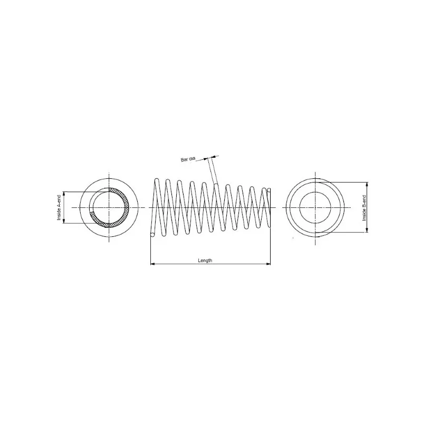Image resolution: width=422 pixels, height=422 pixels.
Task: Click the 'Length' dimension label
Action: point(205,261)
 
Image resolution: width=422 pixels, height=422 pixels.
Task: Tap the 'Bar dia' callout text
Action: point(188,159)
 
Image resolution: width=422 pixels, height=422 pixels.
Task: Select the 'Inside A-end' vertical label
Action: point(59,208)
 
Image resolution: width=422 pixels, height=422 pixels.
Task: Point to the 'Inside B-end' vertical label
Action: point(364,208)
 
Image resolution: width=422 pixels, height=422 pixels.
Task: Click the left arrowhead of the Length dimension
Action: point(152,264)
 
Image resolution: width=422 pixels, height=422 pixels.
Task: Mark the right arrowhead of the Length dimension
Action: point(268,264)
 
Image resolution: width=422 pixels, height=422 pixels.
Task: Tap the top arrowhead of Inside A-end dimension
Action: point(64,194)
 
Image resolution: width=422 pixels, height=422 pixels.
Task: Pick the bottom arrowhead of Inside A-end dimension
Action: point(64,221)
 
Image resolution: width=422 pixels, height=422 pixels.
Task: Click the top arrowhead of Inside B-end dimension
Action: point(367,184)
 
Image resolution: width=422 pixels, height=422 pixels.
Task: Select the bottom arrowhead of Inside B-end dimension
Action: point(367,230)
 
